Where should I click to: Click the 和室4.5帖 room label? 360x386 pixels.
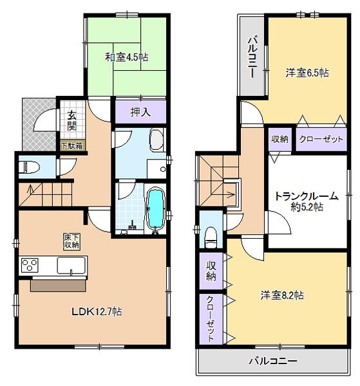127,57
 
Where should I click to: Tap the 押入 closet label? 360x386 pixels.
140,112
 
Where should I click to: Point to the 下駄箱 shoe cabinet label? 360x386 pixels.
71,145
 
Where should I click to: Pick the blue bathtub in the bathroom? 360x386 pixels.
156,208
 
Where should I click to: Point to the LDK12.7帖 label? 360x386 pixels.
96,312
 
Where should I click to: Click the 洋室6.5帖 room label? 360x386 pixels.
307,73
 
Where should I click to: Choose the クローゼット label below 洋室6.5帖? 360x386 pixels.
320,140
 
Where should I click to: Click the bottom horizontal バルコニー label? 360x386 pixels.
273,360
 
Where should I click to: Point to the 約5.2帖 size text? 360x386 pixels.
306,208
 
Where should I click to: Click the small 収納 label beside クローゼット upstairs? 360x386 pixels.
279,140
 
